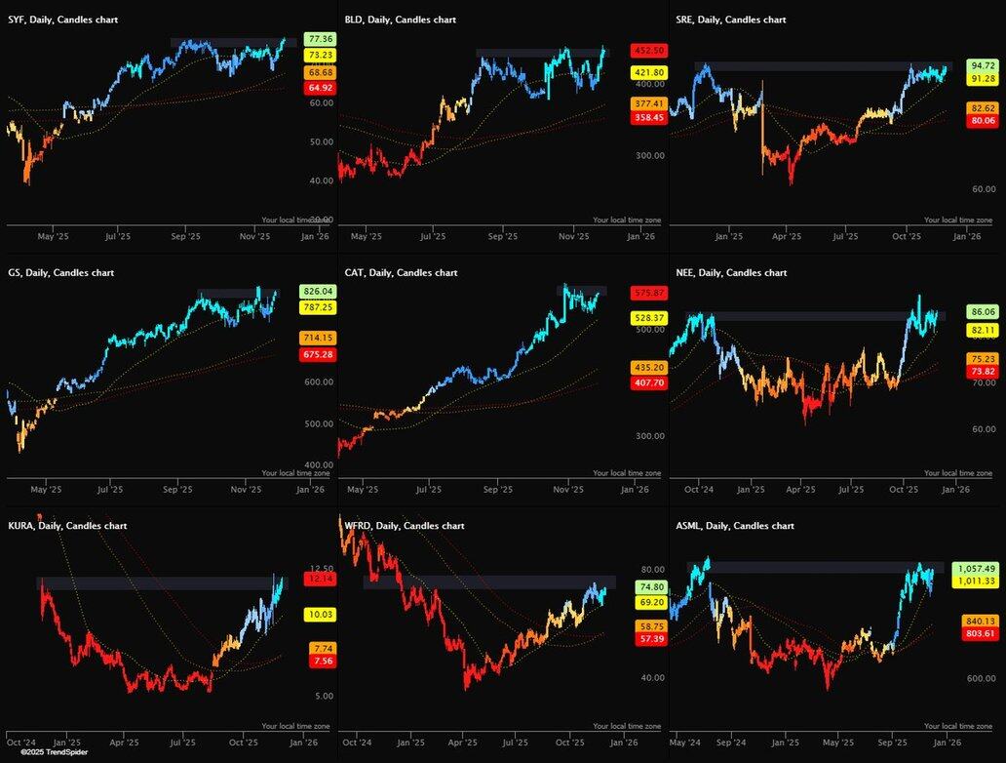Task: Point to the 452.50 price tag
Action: click(x=647, y=50)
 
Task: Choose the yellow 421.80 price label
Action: click(x=647, y=72)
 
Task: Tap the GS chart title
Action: click(x=60, y=272)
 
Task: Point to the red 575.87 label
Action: click(x=647, y=293)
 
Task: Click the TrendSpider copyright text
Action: click(x=48, y=752)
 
